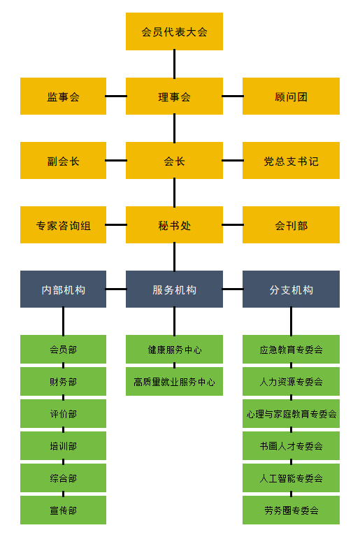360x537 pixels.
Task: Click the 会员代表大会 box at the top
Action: [x=174, y=31]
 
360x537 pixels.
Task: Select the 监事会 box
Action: [x=63, y=96]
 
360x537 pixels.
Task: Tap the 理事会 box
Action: [x=174, y=96]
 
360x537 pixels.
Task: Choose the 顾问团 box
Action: [x=291, y=96]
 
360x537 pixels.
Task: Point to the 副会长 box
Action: [x=63, y=161]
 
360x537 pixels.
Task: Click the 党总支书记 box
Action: [x=291, y=161]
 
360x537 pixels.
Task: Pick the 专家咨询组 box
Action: [x=63, y=225]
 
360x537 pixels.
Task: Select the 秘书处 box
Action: [x=174, y=225]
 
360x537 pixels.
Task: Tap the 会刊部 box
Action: [x=291, y=225]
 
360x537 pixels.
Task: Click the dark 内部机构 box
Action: [x=63, y=289]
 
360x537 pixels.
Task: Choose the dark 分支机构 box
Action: [x=291, y=289]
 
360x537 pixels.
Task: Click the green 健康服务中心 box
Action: [x=174, y=350]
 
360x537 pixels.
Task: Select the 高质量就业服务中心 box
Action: [x=174, y=382]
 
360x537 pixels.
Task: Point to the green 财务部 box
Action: [x=63, y=382]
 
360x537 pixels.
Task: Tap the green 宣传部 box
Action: [x=63, y=510]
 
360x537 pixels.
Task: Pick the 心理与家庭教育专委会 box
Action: [x=291, y=414]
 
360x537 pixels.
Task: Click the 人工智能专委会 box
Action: [x=291, y=478]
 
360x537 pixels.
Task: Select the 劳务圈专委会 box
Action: [x=291, y=510]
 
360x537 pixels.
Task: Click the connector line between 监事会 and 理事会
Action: [x=116, y=96]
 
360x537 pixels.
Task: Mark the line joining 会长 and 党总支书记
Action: [x=233, y=160]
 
